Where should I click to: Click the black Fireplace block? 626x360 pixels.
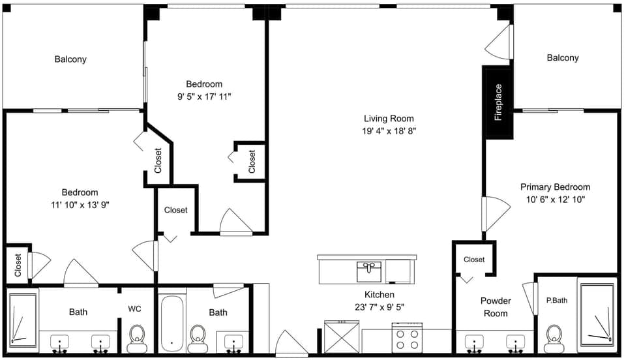tap(498, 102)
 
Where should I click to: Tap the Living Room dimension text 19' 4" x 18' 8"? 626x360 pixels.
tap(389, 130)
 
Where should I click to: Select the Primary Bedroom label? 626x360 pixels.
tap(555, 187)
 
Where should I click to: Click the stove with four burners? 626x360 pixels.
tap(407, 338)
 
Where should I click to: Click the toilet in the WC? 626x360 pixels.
tap(137, 337)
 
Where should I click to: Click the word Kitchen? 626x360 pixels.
tap(379, 295)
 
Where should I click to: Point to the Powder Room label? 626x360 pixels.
tap(496, 307)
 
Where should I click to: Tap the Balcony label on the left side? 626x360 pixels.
tap(70, 59)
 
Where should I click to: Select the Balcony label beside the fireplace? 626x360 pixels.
tap(562, 58)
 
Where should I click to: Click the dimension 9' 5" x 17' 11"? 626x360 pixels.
tap(204, 96)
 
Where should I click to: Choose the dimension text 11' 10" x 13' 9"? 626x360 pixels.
tap(80, 204)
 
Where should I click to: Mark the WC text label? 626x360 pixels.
tap(135, 308)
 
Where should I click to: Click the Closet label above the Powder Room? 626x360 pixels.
tap(474, 260)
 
